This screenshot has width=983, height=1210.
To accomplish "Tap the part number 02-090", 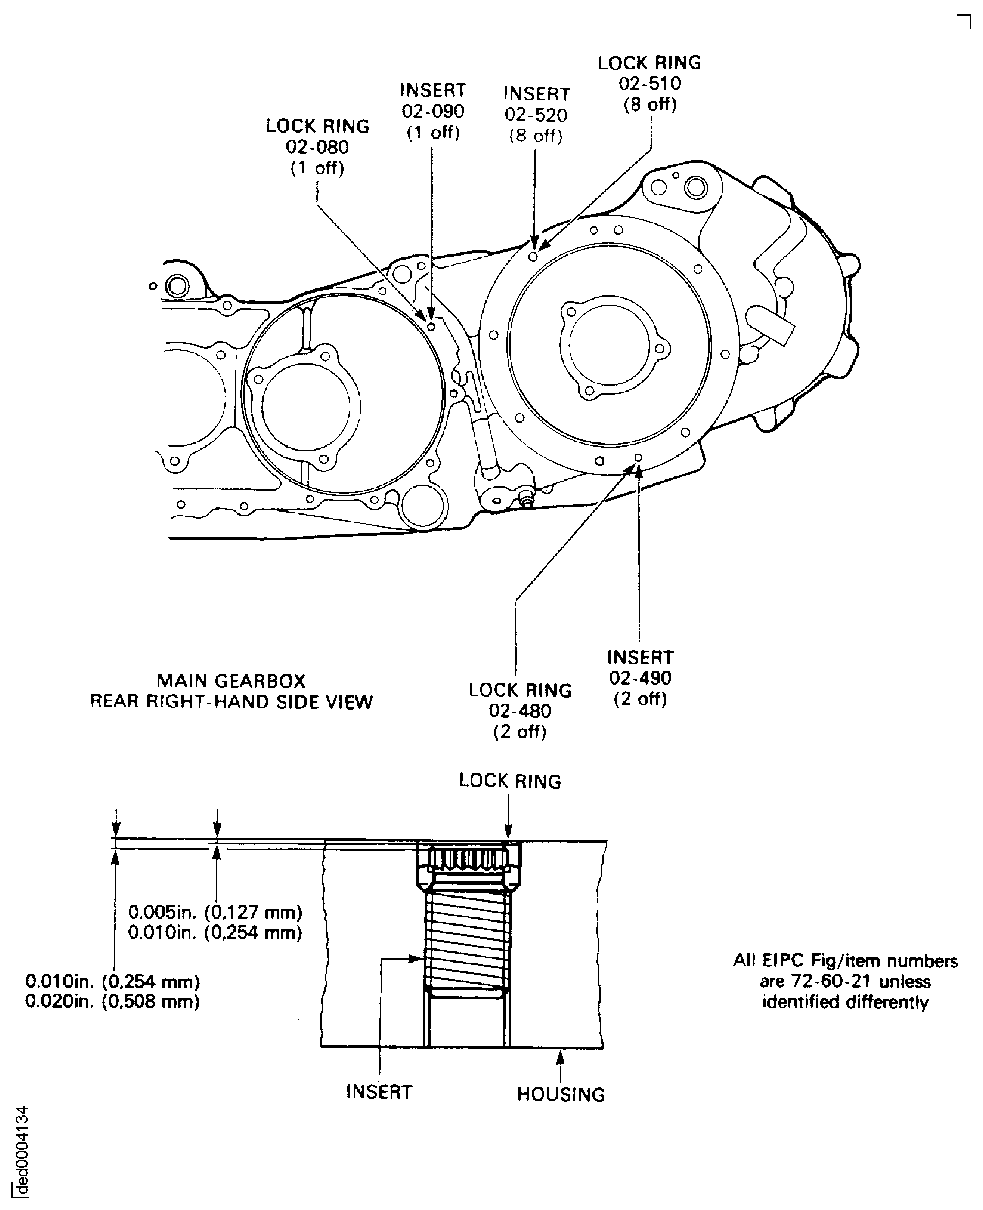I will pyautogui.click(x=433, y=112).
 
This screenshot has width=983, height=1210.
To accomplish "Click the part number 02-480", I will pyautogui.click(x=520, y=711).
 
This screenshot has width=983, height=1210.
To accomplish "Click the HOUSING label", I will pyautogui.click(x=561, y=1094).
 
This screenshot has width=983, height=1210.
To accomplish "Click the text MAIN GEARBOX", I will pyautogui.click(x=231, y=681).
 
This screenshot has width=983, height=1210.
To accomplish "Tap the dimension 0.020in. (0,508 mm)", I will pyautogui.click(x=112, y=1002).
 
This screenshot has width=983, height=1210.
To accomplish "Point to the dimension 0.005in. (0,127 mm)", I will pyautogui.click(x=215, y=912).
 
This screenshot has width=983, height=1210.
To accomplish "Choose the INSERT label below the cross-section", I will pyautogui.click(x=379, y=1091).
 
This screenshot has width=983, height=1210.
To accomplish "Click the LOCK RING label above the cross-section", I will pyautogui.click(x=510, y=781).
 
